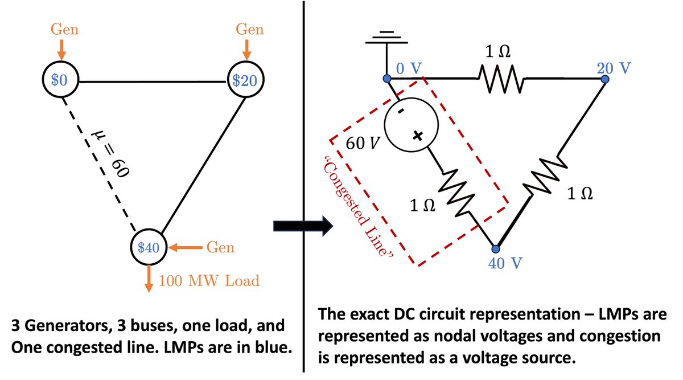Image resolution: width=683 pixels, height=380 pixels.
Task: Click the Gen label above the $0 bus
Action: [65, 30]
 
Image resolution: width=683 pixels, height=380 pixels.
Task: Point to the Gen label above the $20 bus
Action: [250, 30]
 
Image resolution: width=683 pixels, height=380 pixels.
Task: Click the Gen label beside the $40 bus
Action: [220, 247]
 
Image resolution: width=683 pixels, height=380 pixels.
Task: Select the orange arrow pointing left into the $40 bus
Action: [186, 247]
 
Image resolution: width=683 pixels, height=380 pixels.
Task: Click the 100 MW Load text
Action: [209, 281]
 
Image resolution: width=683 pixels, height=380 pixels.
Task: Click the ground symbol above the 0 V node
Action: [386, 37]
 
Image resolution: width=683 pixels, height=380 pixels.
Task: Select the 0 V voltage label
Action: [409, 68]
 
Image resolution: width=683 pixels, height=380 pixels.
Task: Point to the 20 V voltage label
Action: [614, 68]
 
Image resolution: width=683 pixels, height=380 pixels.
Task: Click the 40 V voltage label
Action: [505, 263]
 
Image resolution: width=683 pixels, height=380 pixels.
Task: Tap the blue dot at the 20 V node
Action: [605, 79]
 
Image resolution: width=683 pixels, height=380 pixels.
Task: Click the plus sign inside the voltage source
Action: [418, 136]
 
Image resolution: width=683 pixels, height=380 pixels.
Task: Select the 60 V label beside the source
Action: [363, 143]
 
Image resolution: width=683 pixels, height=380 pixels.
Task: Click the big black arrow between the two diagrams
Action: [303, 226]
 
